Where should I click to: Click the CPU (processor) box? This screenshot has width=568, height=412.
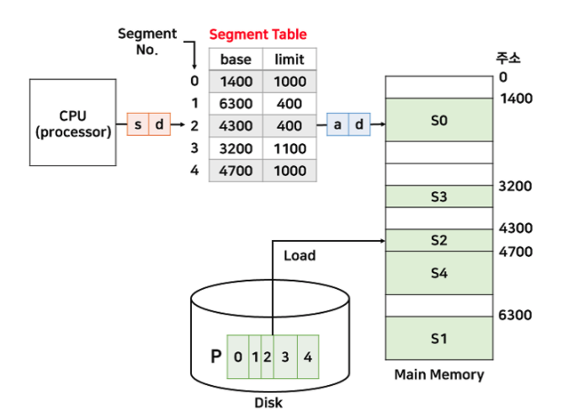tap(72, 123)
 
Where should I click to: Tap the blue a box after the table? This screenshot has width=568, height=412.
tap(337, 125)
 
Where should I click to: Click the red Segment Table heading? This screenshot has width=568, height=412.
tap(257, 35)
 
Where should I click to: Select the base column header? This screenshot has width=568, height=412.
tap(236, 59)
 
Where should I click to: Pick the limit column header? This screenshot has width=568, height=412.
tap(289, 59)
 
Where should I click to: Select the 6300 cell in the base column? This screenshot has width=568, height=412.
tap(236, 103)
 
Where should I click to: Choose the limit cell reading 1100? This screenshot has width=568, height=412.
tap(289, 147)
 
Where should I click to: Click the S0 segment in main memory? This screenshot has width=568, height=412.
tap(438, 120)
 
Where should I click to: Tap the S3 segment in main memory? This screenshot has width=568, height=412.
tap(438, 197)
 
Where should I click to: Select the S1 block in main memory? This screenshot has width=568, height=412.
tap(438, 338)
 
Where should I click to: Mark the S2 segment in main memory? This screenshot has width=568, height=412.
tap(438, 240)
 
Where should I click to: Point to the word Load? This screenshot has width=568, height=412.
tap(299, 254)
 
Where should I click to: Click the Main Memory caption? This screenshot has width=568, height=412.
tap(439, 374)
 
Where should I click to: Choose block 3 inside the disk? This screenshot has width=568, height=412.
tap(285, 356)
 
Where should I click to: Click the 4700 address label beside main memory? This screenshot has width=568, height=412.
tap(515, 251)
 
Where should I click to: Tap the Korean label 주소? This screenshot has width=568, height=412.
tap(508, 58)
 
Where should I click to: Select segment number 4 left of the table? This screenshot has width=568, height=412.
tap(194, 170)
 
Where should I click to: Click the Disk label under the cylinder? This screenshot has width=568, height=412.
tap(268, 402)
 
